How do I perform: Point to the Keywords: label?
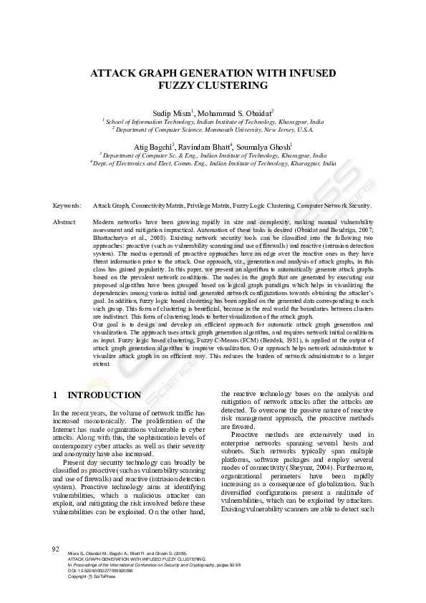coord(67,205)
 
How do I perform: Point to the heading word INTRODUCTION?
coord(105,395)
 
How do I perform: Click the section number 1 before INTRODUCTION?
coord(55,395)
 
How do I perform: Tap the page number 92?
coord(55,549)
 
